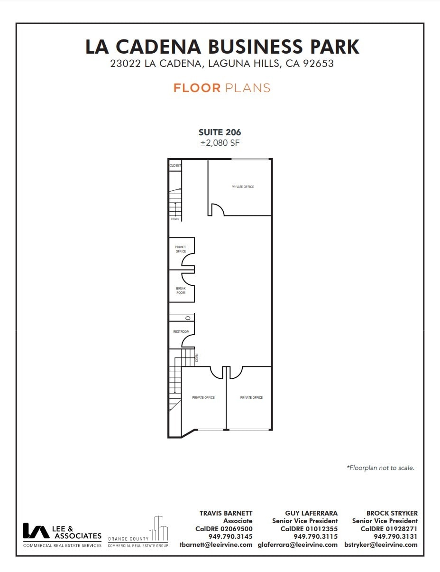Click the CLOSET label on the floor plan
coord(175,166)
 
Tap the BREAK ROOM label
coord(181,291)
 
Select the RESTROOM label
coord(181,331)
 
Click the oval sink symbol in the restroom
coord(188,318)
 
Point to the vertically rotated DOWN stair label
coord(196,357)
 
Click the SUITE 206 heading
coord(220,132)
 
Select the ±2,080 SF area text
coord(220,143)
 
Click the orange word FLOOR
coord(197,88)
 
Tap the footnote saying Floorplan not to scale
coord(380,468)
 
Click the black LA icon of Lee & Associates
coord(36,531)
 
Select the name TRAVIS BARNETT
coord(226,513)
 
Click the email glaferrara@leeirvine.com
coord(297,544)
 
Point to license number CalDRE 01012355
coord(309,529)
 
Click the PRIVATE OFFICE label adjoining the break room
coord(181,249)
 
